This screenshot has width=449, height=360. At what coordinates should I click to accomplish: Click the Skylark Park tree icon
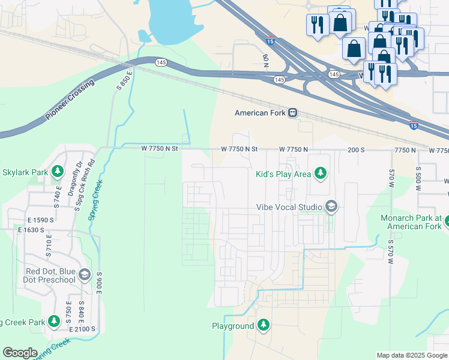point(58,172)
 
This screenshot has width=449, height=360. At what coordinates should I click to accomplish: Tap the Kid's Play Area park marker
point(321,173)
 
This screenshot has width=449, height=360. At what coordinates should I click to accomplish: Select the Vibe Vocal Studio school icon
point(331,207)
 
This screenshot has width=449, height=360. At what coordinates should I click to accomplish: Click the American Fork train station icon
point(293,113)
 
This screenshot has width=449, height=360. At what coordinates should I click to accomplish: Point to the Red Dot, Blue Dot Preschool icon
point(85,275)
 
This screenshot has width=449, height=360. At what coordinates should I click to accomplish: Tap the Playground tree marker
point(263,326)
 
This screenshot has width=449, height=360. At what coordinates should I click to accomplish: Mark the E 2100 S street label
point(83,329)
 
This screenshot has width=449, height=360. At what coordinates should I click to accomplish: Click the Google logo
point(20,353)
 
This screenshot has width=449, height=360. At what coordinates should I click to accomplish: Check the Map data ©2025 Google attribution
point(411,355)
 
